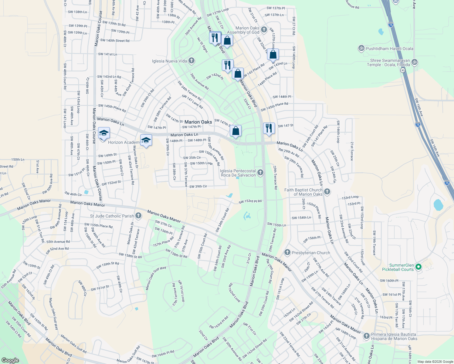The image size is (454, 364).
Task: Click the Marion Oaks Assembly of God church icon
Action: (x=264, y=29)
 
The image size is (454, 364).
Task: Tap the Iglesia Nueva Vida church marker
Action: (x=191, y=61)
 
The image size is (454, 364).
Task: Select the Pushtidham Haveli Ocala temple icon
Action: (x=361, y=48)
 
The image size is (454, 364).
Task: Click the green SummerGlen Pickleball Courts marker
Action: (x=418, y=267)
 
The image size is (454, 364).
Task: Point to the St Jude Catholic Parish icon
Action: (x=138, y=216)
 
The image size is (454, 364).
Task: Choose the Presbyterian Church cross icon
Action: (x=287, y=252)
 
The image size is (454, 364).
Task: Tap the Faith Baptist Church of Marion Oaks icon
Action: (x=327, y=191)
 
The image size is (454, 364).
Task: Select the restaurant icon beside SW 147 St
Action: (x=269, y=128)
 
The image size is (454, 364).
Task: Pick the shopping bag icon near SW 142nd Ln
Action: (x=273, y=55)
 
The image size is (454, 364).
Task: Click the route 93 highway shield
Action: (x=403, y=70)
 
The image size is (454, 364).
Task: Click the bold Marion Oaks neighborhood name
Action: (x=198, y=122)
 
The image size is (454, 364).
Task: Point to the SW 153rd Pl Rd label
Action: (x=250, y=201)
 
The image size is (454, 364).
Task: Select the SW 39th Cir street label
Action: (x=198, y=186)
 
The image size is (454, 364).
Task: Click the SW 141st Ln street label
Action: (x=107, y=54)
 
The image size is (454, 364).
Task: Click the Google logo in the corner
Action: (x=10, y=360)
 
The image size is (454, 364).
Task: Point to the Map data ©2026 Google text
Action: (x=435, y=362)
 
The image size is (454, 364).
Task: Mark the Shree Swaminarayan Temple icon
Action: (x=415, y=62)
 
